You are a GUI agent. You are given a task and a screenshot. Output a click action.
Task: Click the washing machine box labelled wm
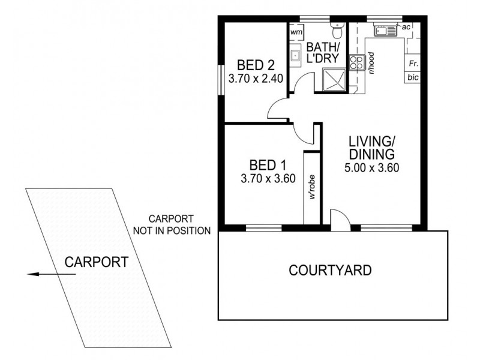pos(296,32)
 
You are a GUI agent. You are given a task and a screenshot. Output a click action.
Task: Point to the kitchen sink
pos(382,29)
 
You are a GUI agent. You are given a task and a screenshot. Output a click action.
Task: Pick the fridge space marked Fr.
pos(413,63)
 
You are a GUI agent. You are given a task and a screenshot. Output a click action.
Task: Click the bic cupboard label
pos(413,77)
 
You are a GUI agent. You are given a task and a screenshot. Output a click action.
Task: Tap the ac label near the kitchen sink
pos(406,27)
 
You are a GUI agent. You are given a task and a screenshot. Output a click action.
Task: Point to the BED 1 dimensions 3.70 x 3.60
pos(267,178)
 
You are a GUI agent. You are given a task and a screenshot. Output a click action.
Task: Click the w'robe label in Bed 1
pos(313,188)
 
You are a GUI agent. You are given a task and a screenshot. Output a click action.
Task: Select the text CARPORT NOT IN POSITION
pos(181,224)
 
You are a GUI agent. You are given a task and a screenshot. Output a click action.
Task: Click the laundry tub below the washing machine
pos(296,56)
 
